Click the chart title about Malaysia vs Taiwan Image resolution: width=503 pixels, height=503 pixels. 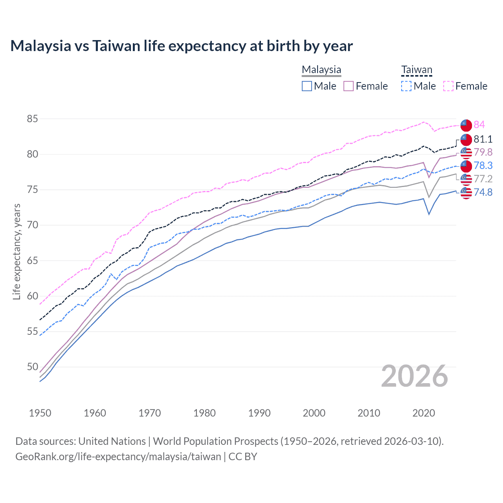point(182,46)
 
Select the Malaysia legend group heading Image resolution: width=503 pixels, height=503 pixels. point(321,70)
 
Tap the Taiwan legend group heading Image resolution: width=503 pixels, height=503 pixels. point(417,70)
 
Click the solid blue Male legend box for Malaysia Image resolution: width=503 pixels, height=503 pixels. point(307,86)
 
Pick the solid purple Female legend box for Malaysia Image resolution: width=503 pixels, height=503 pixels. point(349,86)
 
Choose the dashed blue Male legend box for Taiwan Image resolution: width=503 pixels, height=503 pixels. point(406,86)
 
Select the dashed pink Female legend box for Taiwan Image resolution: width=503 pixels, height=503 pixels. point(448,86)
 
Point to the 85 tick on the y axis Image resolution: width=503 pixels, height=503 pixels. point(33,119)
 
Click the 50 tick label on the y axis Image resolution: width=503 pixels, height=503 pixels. point(33,367)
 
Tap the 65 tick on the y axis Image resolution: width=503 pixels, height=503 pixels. point(33,261)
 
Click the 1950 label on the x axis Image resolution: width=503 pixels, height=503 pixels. point(40,413)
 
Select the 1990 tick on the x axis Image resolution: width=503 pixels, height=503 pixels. point(259,413)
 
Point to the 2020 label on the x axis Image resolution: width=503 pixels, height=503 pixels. point(424,413)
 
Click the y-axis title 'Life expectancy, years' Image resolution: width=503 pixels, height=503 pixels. point(17,251)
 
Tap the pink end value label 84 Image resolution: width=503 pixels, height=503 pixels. point(479,125)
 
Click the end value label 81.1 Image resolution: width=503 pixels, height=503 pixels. point(483,139)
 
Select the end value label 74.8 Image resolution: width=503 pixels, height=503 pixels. point(483,192)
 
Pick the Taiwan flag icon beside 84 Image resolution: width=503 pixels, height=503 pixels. point(466,125)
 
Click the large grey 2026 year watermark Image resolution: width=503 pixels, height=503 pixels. point(415,376)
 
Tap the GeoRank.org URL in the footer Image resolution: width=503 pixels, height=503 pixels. point(118,457)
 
